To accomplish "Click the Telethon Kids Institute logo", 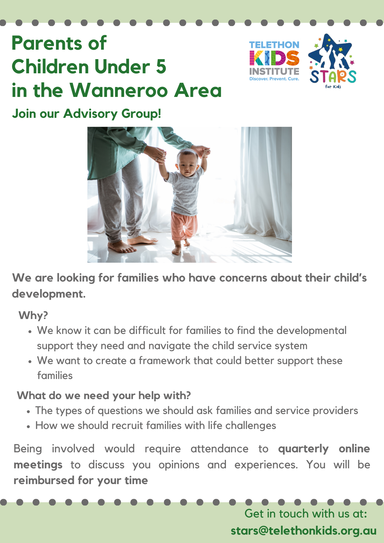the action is point(274,61).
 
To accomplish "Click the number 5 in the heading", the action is point(161,67).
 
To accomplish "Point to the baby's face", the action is point(186,163).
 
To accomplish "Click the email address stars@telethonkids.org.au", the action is point(304,531).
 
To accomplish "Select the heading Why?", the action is point(33,315).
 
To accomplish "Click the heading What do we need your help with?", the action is point(104,396).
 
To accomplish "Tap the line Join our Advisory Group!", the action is point(86,113).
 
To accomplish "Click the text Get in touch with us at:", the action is point(306,513).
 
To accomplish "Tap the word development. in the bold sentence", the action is point(49,294).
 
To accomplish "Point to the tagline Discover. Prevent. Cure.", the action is point(274,79).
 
